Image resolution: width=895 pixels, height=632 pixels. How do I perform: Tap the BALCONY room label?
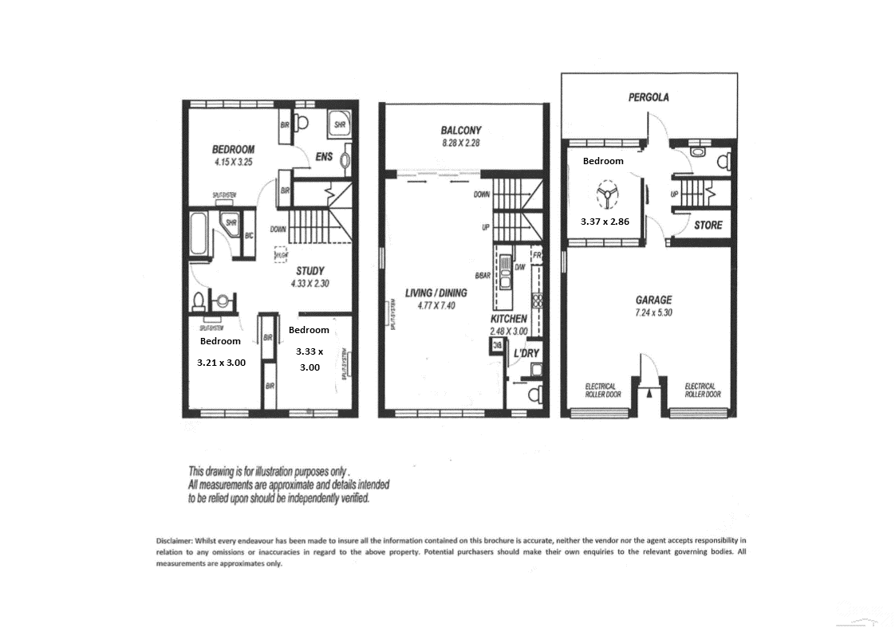click(461, 131)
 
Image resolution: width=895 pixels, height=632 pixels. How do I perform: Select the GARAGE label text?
click(653, 300)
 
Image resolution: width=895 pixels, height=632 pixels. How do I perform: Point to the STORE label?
click(708, 226)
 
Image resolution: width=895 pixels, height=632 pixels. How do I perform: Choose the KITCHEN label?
click(508, 319)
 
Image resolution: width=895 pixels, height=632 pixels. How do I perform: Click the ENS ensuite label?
click(324, 157)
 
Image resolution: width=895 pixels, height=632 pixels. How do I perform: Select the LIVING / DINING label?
click(436, 292)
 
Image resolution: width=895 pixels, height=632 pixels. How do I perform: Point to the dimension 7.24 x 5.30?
click(653, 312)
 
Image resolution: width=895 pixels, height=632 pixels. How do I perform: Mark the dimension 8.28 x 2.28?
click(461, 143)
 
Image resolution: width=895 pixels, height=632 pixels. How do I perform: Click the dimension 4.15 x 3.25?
click(233, 162)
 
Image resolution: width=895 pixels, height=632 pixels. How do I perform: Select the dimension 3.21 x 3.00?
click(221, 362)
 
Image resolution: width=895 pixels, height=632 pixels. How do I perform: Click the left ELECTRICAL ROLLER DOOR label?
click(603, 391)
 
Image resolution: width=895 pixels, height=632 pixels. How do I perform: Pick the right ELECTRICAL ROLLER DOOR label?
click(702, 391)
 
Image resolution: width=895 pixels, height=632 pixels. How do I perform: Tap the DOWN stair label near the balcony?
click(482, 194)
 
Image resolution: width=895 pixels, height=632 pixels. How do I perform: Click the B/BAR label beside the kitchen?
click(482, 276)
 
